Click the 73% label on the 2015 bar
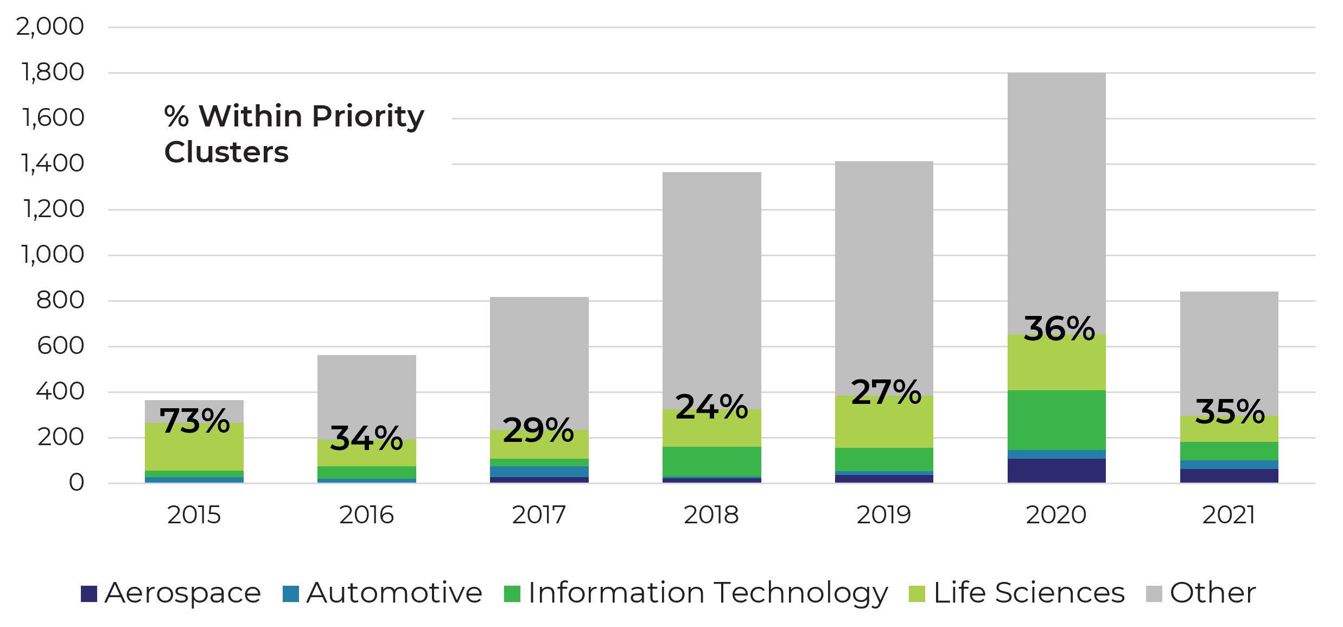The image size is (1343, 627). tap(194, 421)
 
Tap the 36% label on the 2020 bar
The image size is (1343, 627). tap(1059, 329)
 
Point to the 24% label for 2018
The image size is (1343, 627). tap(711, 407)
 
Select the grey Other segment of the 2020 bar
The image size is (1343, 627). tap(1056, 201)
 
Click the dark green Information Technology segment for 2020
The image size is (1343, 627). tap(1056, 420)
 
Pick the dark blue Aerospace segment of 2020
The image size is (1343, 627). tap(1056, 471)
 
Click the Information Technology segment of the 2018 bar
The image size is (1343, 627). tap(711, 461)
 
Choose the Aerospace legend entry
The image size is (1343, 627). tap(171, 593)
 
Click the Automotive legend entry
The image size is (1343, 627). tap(383, 593)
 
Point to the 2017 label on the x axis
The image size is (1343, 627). tap(539, 515)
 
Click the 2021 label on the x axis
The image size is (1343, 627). tap(1229, 515)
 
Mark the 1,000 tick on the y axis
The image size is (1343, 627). tap(53, 255)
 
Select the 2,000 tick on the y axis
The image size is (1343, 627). tap(50, 27)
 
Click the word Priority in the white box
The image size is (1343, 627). tap(368, 116)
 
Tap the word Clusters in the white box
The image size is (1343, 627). tap(226, 152)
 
